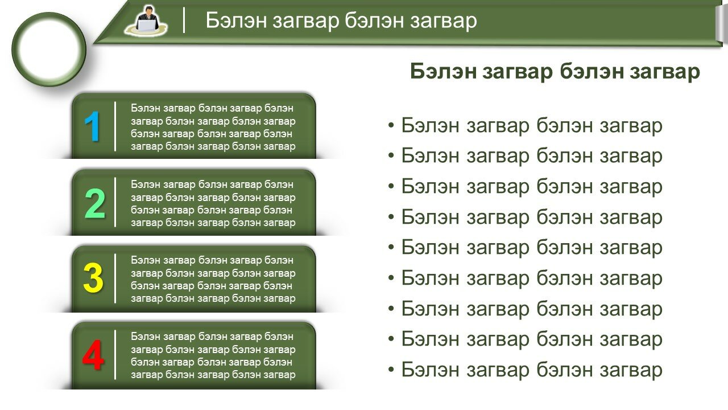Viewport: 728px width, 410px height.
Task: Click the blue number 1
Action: click(92, 126)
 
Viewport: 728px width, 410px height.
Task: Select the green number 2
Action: click(95, 203)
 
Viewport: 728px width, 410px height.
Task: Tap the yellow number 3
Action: click(93, 278)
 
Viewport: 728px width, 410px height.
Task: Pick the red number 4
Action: click(93, 355)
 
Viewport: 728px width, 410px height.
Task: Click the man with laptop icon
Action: click(146, 20)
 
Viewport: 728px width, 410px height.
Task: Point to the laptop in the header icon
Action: click(146, 25)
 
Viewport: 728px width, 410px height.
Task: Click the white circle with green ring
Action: click(49, 50)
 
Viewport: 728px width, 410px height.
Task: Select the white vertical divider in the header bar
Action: click(184, 20)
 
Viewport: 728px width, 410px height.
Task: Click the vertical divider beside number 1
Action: click(115, 126)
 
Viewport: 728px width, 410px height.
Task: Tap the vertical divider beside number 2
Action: click(115, 202)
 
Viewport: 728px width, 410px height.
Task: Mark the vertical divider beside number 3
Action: click(115, 278)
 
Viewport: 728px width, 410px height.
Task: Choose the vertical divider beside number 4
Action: click(115, 355)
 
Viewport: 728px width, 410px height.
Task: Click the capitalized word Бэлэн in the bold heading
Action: click(443, 71)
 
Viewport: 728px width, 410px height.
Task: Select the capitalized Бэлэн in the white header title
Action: click(236, 20)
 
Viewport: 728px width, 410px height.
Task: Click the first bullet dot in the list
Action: click(391, 125)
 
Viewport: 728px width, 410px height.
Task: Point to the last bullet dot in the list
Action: click(391, 370)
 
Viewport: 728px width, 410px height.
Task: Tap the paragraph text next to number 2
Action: click(213, 203)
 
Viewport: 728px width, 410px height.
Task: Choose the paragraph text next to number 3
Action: click(213, 279)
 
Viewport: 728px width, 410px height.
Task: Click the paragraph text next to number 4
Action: click(213, 355)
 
